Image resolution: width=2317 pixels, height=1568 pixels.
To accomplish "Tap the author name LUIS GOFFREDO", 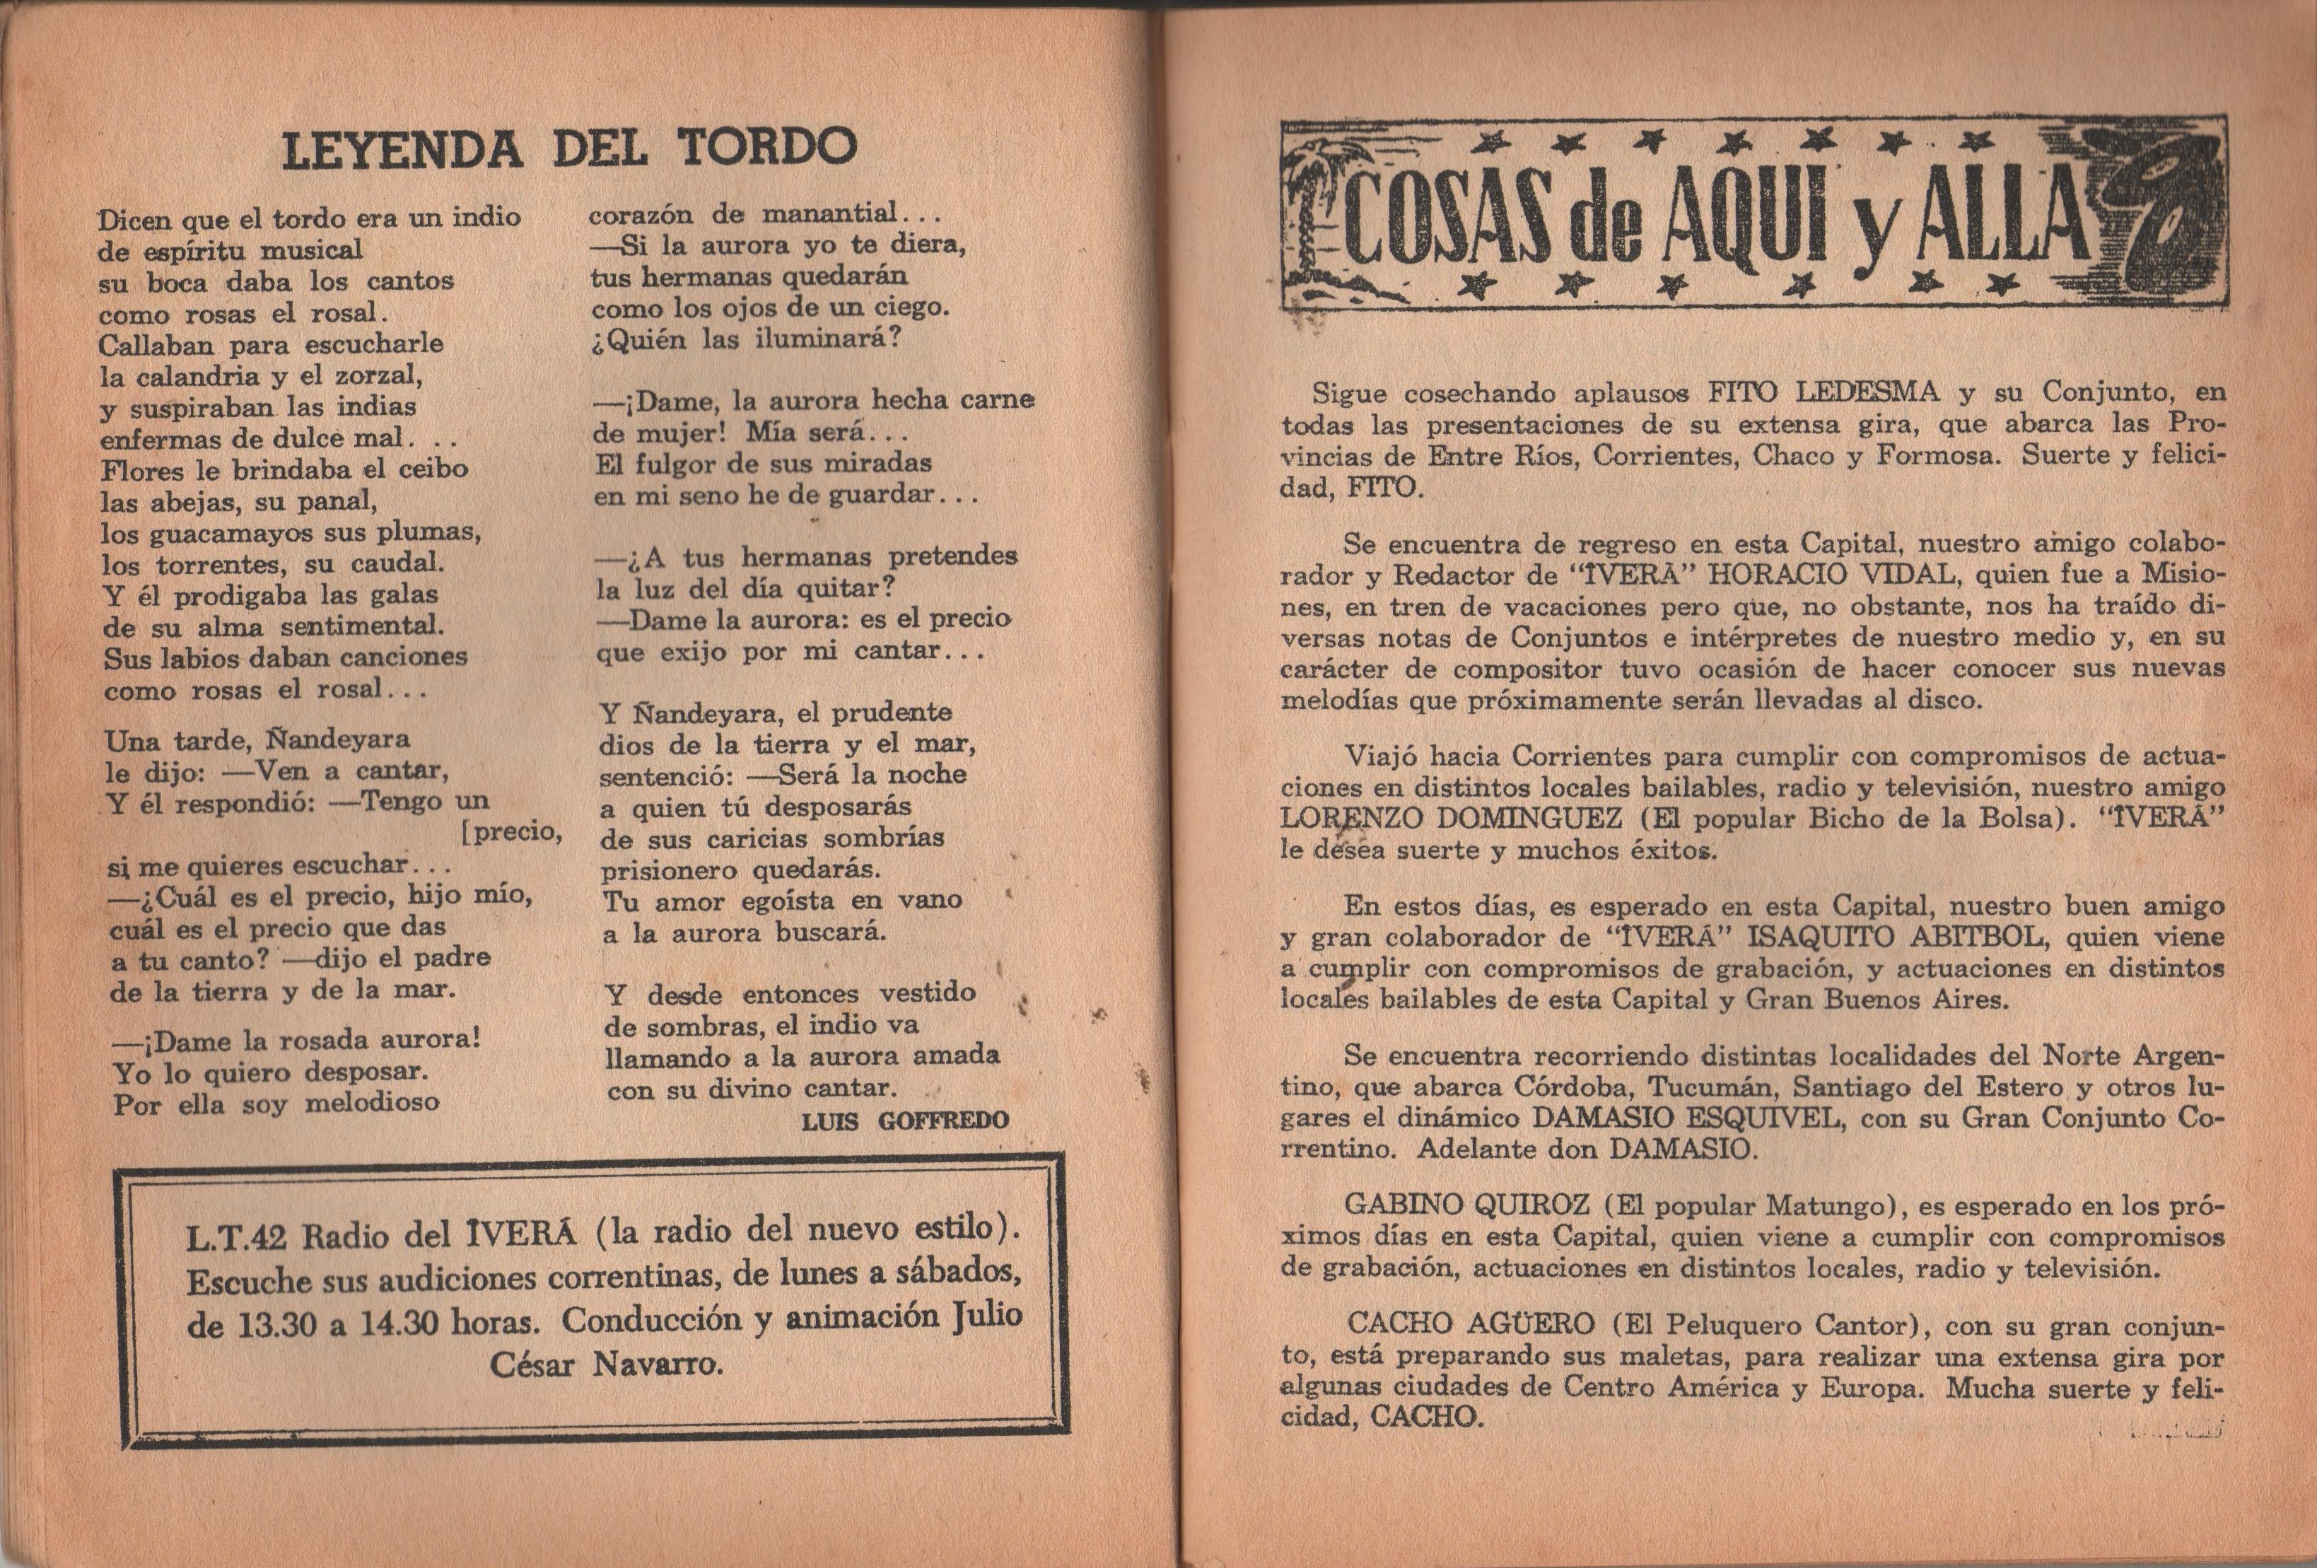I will (904, 1121).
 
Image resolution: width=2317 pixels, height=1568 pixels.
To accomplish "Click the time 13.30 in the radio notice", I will (278, 1325).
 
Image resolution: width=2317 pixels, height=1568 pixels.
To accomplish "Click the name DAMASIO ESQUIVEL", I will (1685, 1118).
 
